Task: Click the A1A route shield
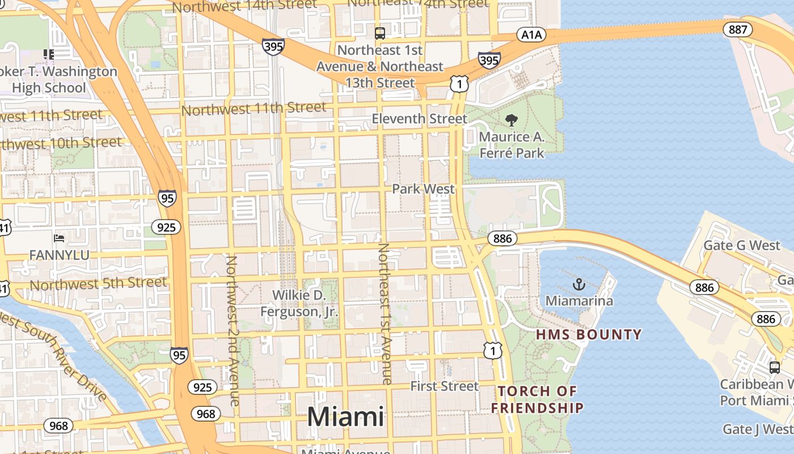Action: pyautogui.click(x=531, y=35)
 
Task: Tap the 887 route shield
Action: pyautogui.click(x=738, y=30)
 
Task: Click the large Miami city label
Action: pyautogui.click(x=345, y=417)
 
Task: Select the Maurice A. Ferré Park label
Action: pyautogui.click(x=512, y=145)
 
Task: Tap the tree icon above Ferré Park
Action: pyautogui.click(x=512, y=120)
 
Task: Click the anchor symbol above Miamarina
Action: pyautogui.click(x=579, y=284)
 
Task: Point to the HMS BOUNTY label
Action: pyautogui.click(x=589, y=334)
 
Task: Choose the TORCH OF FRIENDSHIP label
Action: pyautogui.click(x=537, y=400)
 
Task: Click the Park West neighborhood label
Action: pyautogui.click(x=424, y=189)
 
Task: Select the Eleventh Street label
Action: pyautogui.click(x=420, y=119)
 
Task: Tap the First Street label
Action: pyautogui.click(x=445, y=386)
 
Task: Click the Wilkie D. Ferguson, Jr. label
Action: pyautogui.click(x=299, y=304)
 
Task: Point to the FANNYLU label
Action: pyautogui.click(x=59, y=255)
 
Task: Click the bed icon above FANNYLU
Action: pyautogui.click(x=59, y=238)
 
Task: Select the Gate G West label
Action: pyautogui.click(x=742, y=246)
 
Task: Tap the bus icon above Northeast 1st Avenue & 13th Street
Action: pyautogui.click(x=380, y=33)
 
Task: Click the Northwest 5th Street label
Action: pyautogui.click(x=98, y=283)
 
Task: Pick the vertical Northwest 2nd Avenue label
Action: pyautogui.click(x=232, y=330)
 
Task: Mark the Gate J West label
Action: pyautogui.click(x=758, y=429)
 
